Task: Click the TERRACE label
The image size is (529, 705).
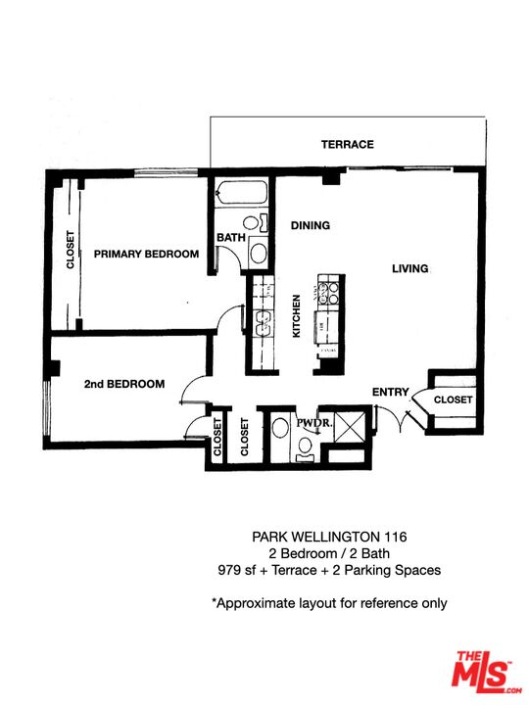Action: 348,145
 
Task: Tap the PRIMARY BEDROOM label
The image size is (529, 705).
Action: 146,254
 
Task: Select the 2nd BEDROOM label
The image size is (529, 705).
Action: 123,384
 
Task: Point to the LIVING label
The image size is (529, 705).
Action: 410,268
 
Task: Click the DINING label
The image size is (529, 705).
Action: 310,225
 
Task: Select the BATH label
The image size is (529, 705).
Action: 230,238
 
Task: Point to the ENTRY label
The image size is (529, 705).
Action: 390,393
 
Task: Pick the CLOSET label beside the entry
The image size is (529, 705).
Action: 454,400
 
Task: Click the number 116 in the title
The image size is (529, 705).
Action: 395,537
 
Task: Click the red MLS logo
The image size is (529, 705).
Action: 482,674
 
